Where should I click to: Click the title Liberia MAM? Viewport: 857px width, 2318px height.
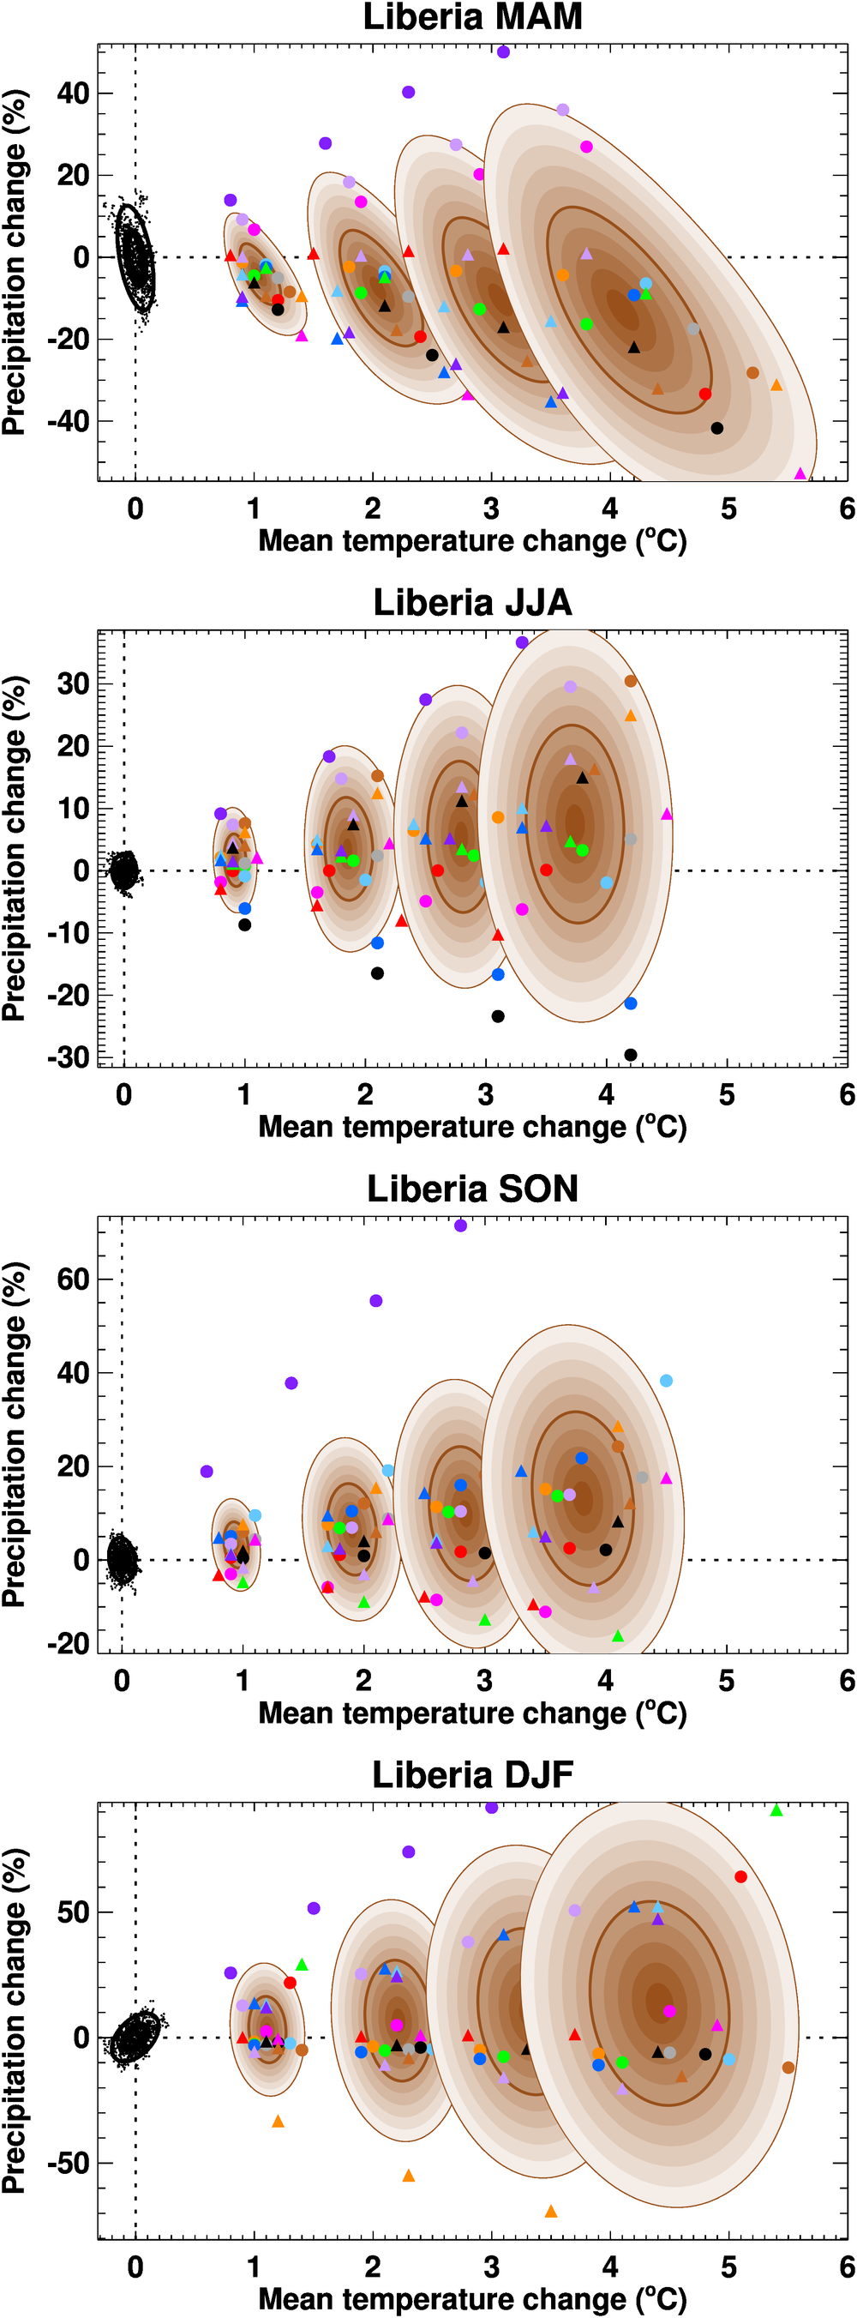(472, 17)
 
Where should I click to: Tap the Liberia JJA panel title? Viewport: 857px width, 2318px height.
(472, 603)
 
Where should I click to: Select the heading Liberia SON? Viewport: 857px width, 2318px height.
(472, 1189)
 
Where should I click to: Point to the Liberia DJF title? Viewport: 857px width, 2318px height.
(472, 1774)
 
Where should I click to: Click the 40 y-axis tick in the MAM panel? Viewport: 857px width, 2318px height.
(73, 93)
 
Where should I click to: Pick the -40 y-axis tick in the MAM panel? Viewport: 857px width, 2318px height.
(68, 421)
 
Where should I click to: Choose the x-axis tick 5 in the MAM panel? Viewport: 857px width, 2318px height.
(728, 509)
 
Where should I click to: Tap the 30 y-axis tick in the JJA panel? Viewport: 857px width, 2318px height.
(73, 683)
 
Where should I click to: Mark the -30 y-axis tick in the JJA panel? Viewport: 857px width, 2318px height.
(68, 1057)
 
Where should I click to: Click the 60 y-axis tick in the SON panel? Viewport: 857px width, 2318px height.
(73, 1279)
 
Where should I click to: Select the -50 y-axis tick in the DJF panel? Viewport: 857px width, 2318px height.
(68, 2164)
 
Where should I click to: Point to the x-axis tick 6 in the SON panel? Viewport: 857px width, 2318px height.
(846, 1681)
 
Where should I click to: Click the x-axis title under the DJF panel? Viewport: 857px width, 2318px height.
(472, 2299)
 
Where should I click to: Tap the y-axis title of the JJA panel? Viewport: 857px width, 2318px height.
(15, 847)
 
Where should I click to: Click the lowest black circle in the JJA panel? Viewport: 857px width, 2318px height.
(631, 1055)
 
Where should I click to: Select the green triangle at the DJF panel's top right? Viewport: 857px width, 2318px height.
(777, 1810)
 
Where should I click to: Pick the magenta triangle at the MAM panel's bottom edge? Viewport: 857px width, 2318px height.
(800, 473)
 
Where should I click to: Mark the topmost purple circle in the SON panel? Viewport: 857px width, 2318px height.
(460, 1225)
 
